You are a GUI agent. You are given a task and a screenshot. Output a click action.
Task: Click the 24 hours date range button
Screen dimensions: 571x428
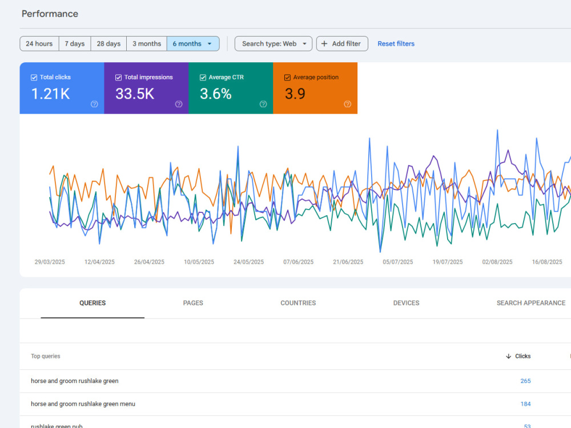[39, 44]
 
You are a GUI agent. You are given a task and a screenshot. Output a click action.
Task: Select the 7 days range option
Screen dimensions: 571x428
[75, 44]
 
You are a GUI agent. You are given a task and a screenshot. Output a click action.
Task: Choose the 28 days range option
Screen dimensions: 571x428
[108, 44]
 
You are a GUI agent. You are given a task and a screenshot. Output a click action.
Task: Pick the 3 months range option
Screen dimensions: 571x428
[147, 44]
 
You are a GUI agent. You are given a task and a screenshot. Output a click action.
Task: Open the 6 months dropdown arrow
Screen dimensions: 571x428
[210, 44]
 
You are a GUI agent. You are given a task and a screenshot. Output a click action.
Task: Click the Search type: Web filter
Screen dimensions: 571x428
[274, 44]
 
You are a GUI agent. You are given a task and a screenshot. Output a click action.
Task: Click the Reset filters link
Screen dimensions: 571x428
[396, 44]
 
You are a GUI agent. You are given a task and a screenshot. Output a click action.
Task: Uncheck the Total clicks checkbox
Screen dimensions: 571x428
[34, 78]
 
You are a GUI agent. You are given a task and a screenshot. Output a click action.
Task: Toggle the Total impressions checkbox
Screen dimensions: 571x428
[118, 78]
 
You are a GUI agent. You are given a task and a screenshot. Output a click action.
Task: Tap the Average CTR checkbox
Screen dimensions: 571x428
[203, 78]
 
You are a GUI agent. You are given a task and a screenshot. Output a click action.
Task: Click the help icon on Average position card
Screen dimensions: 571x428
[347, 104]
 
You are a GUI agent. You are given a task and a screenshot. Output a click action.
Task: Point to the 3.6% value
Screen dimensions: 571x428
[216, 94]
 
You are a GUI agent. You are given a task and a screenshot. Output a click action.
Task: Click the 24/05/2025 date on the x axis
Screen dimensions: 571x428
[249, 262]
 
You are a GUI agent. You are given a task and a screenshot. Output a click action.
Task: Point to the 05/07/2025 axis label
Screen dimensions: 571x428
[397, 262]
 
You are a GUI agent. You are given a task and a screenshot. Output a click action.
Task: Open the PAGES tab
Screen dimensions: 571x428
[193, 303]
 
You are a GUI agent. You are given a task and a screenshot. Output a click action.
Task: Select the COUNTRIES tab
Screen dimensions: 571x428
[298, 303]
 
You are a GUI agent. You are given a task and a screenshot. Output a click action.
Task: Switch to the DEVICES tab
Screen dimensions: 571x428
[407, 303]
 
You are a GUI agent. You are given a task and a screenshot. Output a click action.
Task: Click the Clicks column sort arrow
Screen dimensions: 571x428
[508, 356]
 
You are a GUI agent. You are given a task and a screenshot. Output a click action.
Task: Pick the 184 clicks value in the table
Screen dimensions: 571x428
[525, 404]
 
